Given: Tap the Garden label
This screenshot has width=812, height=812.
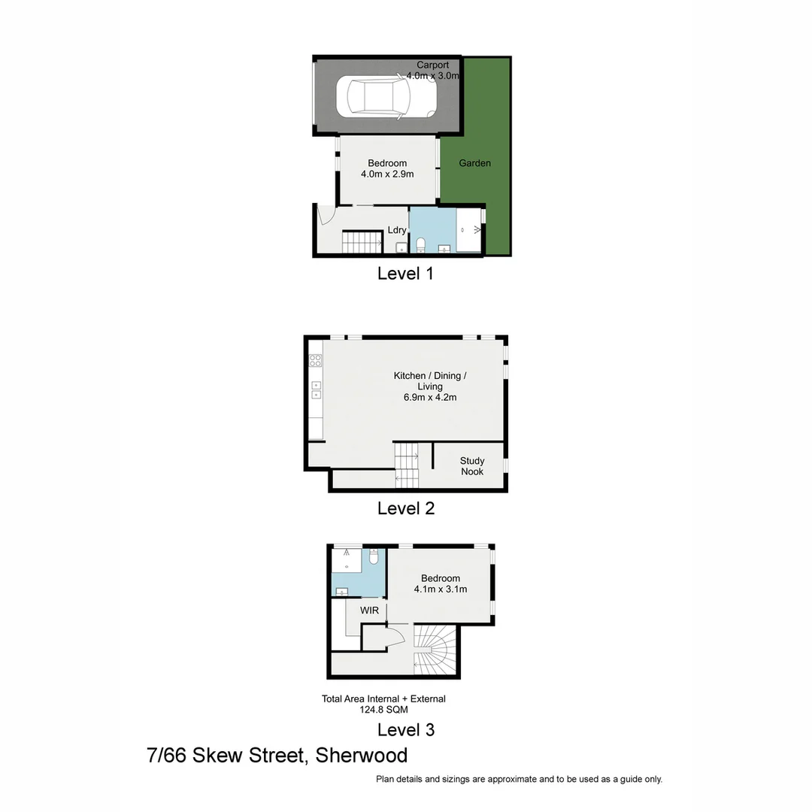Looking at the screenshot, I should tap(474, 163).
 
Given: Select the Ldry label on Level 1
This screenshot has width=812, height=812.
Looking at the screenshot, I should tap(397, 230).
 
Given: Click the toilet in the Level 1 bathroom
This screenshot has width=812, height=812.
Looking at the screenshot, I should tap(421, 244).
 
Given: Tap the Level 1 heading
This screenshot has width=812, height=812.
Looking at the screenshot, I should tap(405, 274).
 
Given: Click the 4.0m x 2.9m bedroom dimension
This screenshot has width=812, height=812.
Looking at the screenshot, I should tap(387, 174).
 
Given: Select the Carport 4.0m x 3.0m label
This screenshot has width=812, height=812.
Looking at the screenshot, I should tap(433, 71).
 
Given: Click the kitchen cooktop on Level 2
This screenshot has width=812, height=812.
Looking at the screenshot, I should tap(316, 359).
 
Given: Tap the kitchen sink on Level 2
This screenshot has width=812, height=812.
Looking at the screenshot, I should tap(317, 389).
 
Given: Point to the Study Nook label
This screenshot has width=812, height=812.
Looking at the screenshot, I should tap(472, 466).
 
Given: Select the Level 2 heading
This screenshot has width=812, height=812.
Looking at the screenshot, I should tap(406, 508).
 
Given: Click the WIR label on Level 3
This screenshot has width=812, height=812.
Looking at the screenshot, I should tap(369, 611).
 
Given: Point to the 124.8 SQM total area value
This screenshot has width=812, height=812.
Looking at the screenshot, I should tap(383, 708).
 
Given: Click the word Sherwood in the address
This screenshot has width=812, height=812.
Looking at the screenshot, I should tap(361, 756).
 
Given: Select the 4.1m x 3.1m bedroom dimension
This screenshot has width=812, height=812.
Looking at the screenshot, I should tap(441, 589).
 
